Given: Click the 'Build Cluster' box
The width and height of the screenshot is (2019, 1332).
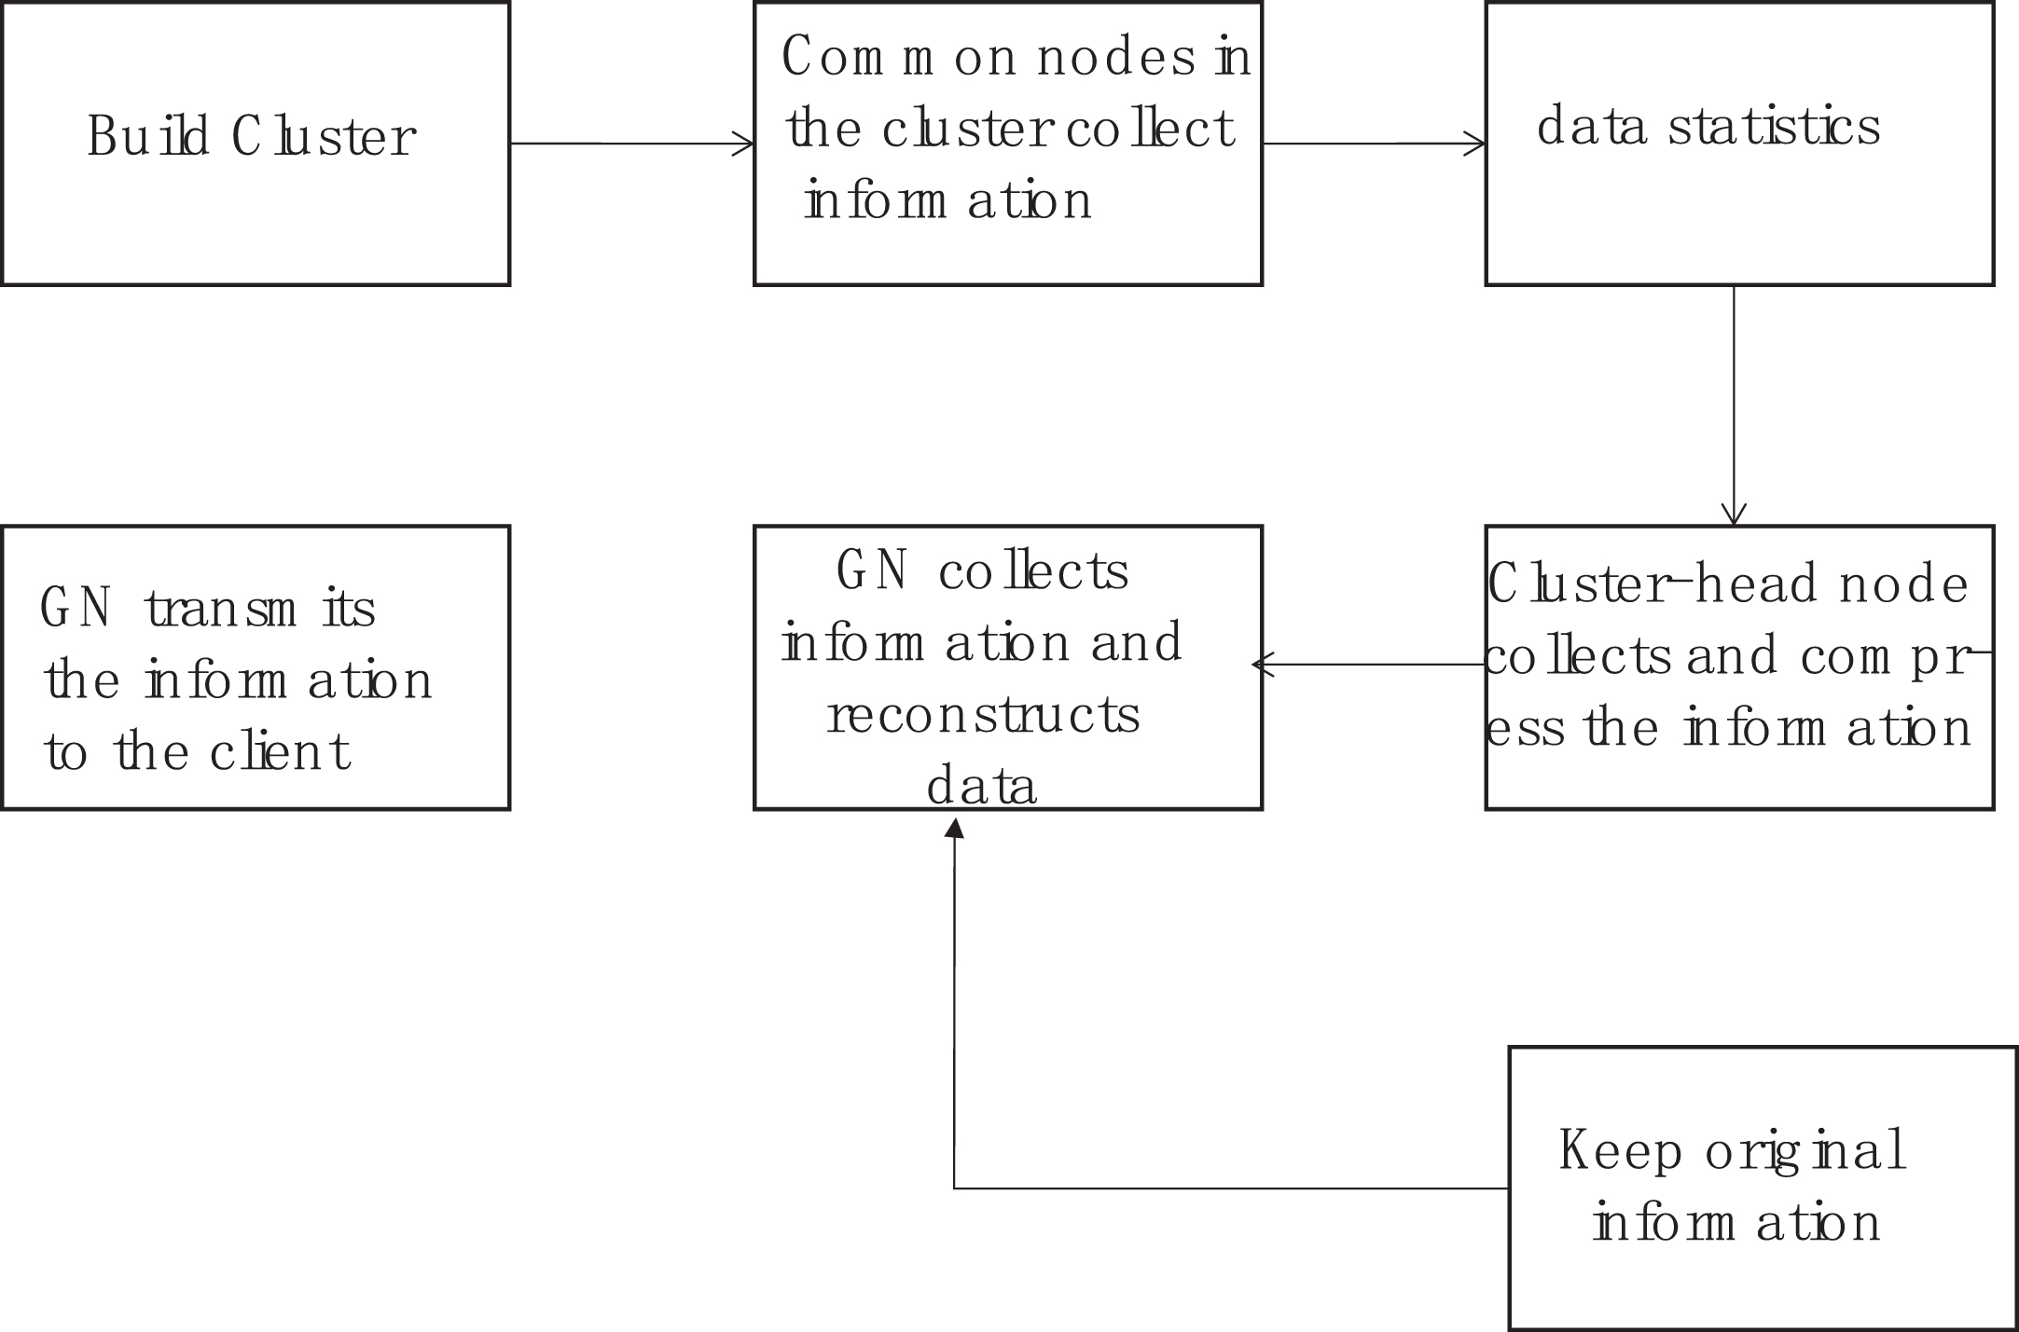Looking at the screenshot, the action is coord(256,144).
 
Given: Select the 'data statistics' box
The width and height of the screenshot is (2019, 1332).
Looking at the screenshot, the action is coord(1740,144).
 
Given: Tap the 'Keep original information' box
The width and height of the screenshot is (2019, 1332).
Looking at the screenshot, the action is coord(1763,1188).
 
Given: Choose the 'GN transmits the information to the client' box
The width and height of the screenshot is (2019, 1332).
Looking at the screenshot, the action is coord(256,667).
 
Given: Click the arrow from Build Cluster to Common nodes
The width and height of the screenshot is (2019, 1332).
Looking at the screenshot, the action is coord(632,144).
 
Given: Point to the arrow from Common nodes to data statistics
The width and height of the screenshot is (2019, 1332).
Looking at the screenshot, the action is coord(1374,144).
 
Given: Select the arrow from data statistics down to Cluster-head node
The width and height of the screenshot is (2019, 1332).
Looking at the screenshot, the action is coord(1734,405).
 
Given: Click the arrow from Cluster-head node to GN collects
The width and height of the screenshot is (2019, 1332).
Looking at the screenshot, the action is coord(1368,665).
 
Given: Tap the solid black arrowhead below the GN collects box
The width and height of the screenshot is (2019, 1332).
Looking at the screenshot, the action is coord(954,828).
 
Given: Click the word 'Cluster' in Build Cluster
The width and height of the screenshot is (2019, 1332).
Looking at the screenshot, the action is coord(324,137).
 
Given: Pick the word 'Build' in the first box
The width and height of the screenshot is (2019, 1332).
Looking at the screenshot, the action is coord(148,137).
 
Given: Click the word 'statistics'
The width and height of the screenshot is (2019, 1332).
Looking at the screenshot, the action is coord(1775,127).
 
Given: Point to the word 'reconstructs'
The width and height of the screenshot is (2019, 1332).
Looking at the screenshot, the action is coord(984,715).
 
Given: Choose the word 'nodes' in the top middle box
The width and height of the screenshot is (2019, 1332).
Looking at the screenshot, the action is coord(1116,57).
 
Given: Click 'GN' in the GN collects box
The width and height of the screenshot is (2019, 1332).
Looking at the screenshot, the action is coord(872,570).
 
